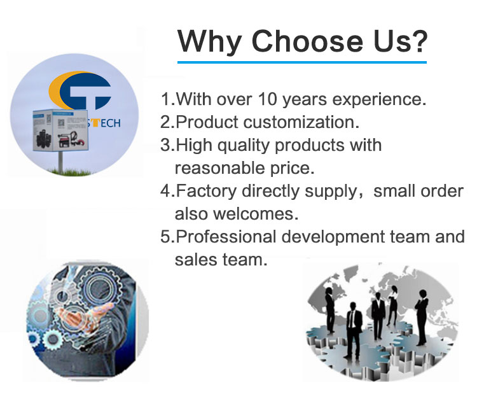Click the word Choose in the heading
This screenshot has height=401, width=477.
(x=307, y=41)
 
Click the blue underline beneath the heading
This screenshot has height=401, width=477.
(x=301, y=62)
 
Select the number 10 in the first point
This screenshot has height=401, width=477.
(x=267, y=99)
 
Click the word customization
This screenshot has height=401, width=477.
(x=301, y=122)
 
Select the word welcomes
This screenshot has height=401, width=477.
(x=256, y=214)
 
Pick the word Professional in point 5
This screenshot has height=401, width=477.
(x=226, y=237)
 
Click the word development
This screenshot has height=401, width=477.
(x=333, y=237)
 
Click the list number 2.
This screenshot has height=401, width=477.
(x=166, y=122)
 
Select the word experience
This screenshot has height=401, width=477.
(x=379, y=100)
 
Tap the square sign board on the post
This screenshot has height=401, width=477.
(x=60, y=130)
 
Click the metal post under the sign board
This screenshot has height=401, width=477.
(x=61, y=162)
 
